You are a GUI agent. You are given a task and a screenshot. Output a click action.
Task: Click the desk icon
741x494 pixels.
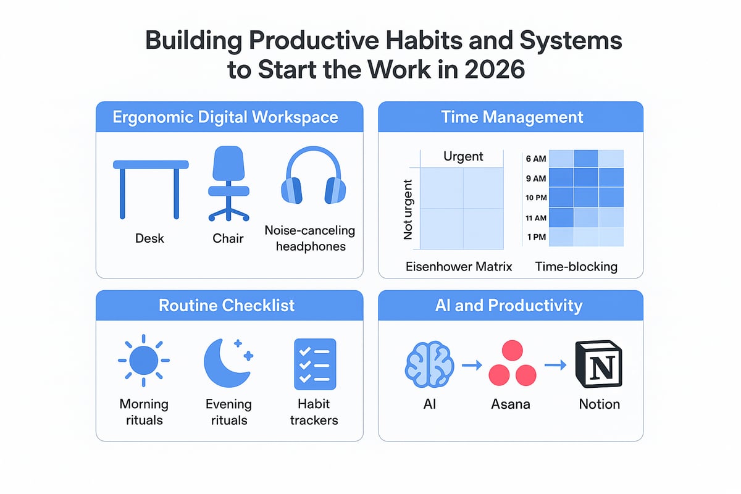(151, 185)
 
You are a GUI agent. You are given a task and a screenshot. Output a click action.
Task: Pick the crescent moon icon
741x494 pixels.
(225, 361)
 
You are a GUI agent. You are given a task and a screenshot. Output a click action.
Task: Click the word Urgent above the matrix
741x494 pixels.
(463, 157)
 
